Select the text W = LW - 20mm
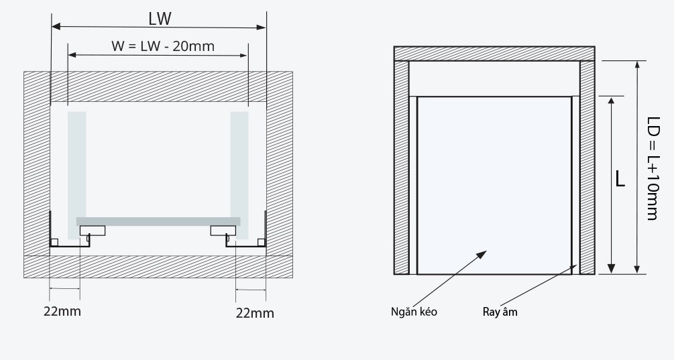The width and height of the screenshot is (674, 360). click(159, 46)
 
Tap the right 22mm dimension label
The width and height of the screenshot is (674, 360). click(255, 312)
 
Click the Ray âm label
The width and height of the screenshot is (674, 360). click(500, 312)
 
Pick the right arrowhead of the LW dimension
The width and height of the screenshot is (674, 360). click(262, 27)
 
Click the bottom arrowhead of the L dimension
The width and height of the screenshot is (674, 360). click(610, 269)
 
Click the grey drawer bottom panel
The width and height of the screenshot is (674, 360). click(158, 221)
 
